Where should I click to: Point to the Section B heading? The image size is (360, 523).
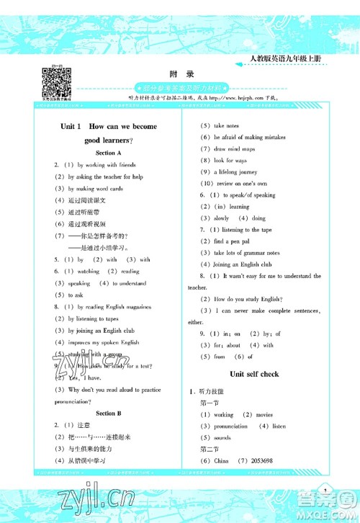point(109,414)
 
